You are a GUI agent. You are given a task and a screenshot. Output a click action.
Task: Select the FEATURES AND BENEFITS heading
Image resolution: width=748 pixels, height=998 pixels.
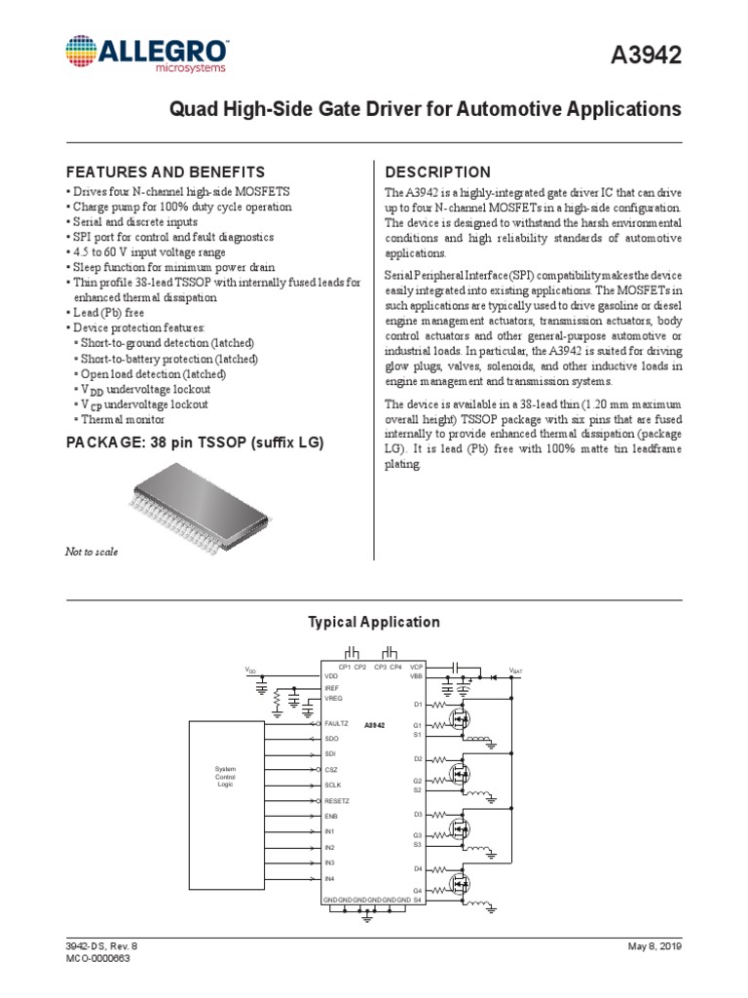pyautogui.click(x=165, y=172)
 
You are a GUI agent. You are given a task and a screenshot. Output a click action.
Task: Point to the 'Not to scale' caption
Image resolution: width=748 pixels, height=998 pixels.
pyautogui.click(x=92, y=552)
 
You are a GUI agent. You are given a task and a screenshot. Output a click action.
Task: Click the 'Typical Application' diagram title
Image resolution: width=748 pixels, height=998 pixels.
pyautogui.click(x=374, y=622)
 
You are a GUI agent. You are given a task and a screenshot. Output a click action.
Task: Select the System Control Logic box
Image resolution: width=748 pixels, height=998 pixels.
pyautogui.click(x=225, y=777)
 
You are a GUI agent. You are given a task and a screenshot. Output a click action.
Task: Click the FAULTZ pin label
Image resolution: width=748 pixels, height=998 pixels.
pyautogui.click(x=336, y=724)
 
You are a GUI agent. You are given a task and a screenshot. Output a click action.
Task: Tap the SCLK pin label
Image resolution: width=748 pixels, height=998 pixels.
pyautogui.click(x=333, y=785)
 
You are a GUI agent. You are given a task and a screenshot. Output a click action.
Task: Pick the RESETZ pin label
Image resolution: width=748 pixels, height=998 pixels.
pyautogui.click(x=337, y=800)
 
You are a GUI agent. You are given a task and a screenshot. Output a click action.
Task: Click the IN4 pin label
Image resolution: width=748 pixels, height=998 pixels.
pyautogui.click(x=330, y=879)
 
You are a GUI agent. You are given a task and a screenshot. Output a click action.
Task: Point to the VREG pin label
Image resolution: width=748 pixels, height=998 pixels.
pyautogui.click(x=333, y=699)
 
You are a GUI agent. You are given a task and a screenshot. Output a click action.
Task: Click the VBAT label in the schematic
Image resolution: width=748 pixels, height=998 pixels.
pyautogui.click(x=515, y=672)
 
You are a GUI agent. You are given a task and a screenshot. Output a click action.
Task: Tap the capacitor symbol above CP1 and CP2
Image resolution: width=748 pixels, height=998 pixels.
pyautogui.click(x=353, y=652)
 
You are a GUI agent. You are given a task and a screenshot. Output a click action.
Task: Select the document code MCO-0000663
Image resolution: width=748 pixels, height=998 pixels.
pyautogui.click(x=97, y=958)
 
